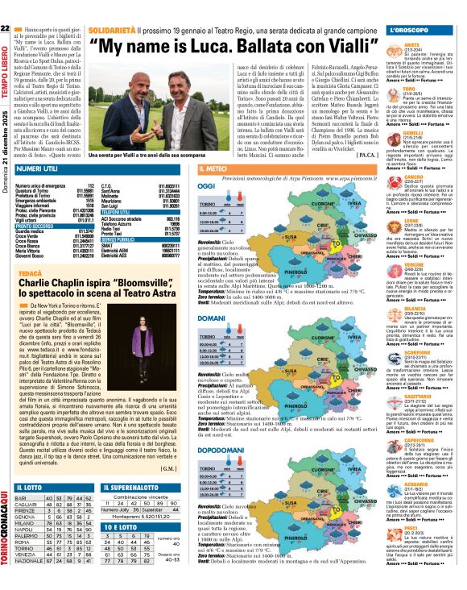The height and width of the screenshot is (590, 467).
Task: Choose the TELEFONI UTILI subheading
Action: [x=119, y=210]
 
